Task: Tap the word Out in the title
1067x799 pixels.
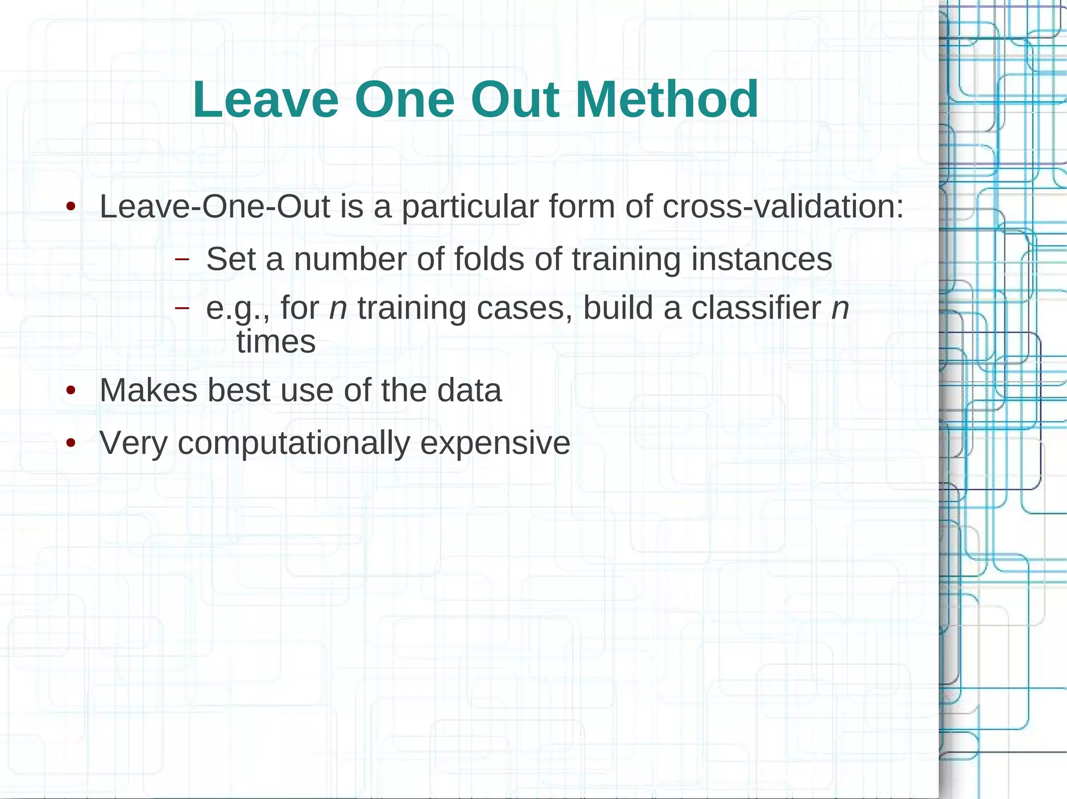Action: tap(515, 99)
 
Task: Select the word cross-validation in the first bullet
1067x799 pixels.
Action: tap(783, 207)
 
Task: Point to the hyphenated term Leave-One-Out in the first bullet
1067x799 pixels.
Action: tap(214, 207)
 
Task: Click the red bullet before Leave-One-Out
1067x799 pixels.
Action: tap(71, 207)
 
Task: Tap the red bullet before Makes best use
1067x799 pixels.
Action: tap(71, 390)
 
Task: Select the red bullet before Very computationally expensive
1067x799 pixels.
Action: tap(71, 443)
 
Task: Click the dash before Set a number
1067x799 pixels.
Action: tap(182, 259)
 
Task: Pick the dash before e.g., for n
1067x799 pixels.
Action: tap(182, 308)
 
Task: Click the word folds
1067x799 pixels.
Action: tap(489, 259)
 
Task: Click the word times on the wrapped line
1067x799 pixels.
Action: tap(276, 342)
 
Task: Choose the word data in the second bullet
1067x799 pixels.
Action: tap(469, 390)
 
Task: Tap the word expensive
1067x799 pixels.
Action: tap(495, 443)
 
